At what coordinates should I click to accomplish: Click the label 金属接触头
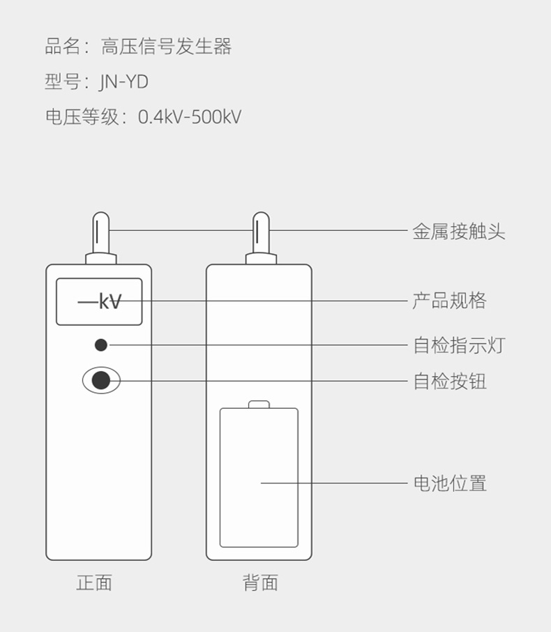(458, 232)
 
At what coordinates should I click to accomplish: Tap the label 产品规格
(449, 301)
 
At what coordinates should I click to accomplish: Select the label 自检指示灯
(458, 345)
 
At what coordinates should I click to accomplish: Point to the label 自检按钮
(449, 381)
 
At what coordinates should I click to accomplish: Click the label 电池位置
(449, 483)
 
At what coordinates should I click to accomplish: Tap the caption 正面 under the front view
(94, 582)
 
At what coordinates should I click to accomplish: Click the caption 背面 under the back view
(260, 582)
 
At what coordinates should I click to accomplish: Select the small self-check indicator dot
(101, 345)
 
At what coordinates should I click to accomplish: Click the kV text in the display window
(110, 301)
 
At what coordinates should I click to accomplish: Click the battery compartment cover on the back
(259, 478)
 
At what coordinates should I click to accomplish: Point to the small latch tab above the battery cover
(259, 404)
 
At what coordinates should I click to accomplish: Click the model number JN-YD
(124, 82)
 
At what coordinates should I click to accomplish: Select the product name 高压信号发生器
(166, 47)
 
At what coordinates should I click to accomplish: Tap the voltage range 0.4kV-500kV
(189, 116)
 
